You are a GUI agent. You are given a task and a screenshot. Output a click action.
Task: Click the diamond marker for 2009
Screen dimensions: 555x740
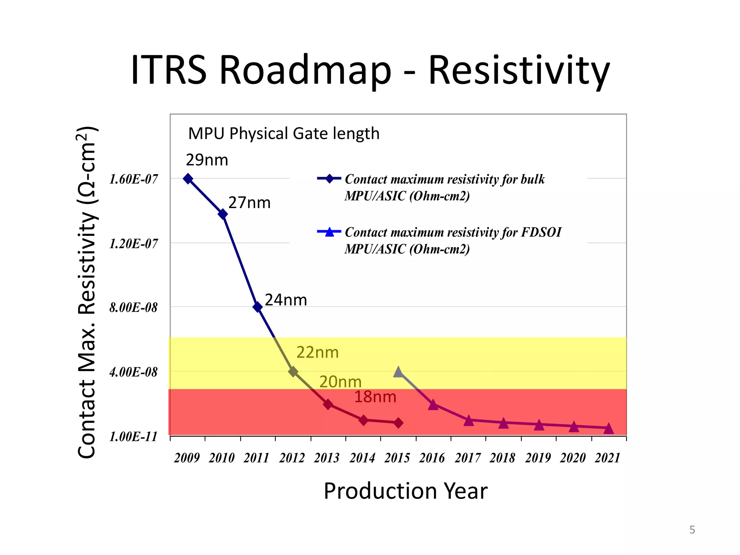click(x=188, y=178)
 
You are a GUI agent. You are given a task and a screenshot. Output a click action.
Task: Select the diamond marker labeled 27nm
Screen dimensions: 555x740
click(x=223, y=214)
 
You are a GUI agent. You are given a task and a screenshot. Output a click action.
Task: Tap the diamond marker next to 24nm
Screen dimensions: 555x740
click(x=258, y=307)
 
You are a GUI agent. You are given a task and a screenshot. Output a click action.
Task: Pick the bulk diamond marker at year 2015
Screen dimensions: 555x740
click(x=398, y=423)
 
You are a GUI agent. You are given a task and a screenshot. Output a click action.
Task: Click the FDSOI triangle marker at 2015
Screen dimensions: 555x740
click(x=398, y=372)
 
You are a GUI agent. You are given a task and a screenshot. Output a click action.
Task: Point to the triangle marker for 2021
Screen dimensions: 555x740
click(x=608, y=429)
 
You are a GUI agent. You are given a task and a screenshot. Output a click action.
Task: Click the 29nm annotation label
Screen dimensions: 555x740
click(x=207, y=160)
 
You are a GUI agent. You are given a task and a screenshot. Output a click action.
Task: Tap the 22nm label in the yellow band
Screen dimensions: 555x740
click(x=317, y=352)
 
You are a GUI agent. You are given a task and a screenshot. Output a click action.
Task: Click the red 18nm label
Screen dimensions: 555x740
click(x=375, y=397)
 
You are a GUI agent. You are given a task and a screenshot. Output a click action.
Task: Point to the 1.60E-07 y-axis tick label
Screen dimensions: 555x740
click(x=134, y=179)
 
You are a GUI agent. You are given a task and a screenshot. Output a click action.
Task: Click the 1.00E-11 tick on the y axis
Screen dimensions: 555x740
click(x=134, y=436)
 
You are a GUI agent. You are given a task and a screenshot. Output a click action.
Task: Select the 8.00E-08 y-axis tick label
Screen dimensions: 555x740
click(x=134, y=308)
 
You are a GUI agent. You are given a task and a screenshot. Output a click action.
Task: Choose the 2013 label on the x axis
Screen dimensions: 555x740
click(x=327, y=458)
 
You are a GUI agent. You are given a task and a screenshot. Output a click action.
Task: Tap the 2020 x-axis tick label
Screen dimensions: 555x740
click(x=573, y=458)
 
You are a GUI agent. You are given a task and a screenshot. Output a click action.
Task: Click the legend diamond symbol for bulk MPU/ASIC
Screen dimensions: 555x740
click(x=329, y=178)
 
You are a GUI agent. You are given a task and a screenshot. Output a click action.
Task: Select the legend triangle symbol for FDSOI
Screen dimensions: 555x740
click(x=329, y=232)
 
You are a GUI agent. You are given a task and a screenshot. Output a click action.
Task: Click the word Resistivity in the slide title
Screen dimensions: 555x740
click(x=519, y=70)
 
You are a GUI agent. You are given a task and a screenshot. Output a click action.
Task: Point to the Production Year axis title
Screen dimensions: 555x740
click(x=405, y=491)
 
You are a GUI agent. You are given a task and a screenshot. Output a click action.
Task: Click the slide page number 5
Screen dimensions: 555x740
click(x=692, y=530)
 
